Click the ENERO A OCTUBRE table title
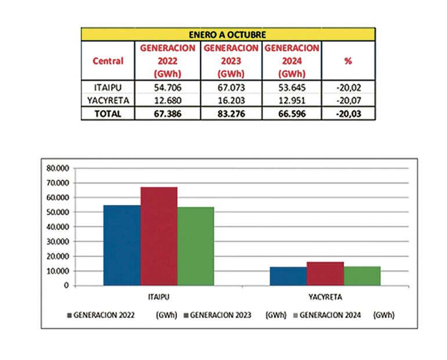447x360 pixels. tap(228, 34)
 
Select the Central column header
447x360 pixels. tap(107, 61)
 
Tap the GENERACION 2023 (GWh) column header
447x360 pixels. tap(232, 61)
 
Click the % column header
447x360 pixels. tap(348, 61)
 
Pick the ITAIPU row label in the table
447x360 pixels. tap(107, 88)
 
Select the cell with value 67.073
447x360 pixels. tap(232, 88)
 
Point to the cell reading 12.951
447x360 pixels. tap(292, 101)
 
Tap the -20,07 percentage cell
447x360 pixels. tap(348, 101)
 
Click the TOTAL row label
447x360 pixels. tap(107, 114)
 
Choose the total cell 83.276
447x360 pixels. tap(232, 114)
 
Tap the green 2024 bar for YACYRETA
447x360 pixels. tap(362, 276)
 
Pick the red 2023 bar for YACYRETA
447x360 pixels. tap(325, 273)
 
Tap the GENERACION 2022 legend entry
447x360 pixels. tap(102, 315)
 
